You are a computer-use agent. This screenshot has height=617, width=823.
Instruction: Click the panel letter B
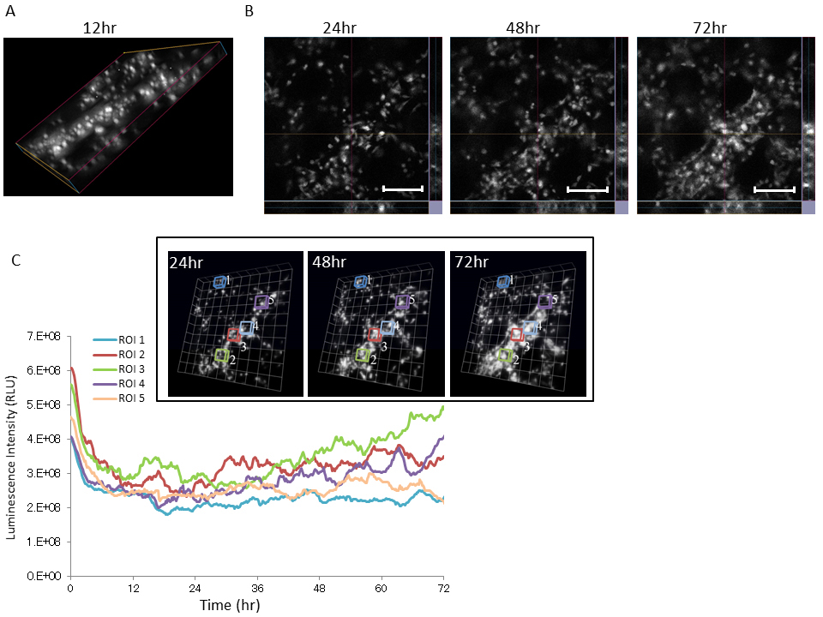[x=249, y=12]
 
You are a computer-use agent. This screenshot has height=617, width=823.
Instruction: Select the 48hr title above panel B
[x=523, y=28]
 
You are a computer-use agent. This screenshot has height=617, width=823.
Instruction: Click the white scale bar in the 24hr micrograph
[x=402, y=188]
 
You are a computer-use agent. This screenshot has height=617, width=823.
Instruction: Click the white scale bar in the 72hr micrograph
[x=774, y=188]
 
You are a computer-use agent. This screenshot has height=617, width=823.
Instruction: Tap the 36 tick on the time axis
[x=256, y=590]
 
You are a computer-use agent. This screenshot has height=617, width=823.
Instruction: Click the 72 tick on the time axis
[x=443, y=590]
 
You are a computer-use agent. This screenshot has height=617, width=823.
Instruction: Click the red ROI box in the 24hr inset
[x=234, y=335]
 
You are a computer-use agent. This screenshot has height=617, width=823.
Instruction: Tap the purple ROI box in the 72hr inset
[x=544, y=301]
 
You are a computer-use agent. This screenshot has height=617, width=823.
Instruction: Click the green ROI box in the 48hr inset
[x=363, y=354]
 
